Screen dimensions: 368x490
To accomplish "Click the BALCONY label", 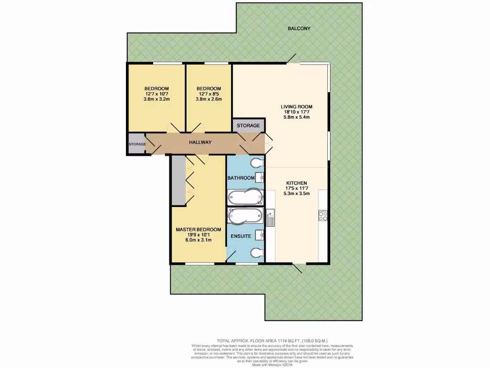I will click(x=299, y=28).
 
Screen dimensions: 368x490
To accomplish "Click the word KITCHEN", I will click(x=297, y=183).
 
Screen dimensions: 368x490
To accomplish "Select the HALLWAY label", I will click(x=200, y=142).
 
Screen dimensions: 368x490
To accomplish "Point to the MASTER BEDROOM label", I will click(x=198, y=230).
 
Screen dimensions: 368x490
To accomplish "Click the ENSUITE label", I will click(x=241, y=236).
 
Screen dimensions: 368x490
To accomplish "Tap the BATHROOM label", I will click(x=241, y=178).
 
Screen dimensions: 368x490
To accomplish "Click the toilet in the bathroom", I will click(x=257, y=161).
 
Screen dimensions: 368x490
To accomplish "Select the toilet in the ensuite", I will click(x=257, y=253).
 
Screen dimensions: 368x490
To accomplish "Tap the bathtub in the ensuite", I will click(x=245, y=216).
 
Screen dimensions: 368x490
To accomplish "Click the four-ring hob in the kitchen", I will click(x=322, y=216).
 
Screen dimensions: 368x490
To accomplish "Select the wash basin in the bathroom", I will click(x=260, y=178).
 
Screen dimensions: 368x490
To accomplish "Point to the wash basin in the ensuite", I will click(x=260, y=235).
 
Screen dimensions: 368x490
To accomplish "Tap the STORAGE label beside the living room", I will click(x=248, y=126).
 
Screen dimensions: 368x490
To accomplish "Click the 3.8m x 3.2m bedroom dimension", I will click(x=156, y=99).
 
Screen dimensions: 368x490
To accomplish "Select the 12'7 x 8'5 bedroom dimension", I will click(x=209, y=94).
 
